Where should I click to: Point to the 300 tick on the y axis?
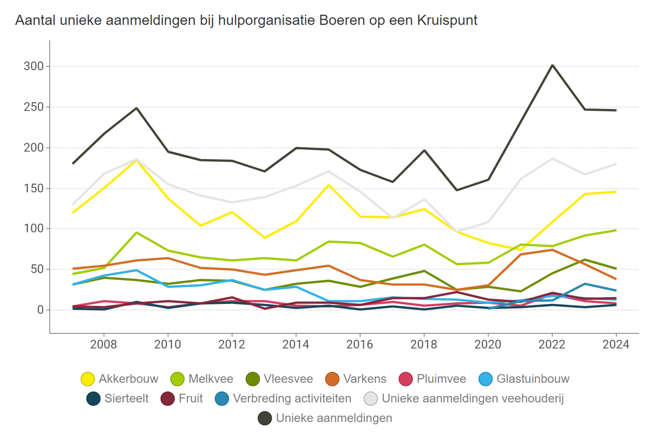point(34,66)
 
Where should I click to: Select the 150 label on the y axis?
point(34,188)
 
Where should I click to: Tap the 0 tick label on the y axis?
point(40,310)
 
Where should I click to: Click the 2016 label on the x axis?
point(359,344)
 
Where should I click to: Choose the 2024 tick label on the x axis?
point(616,344)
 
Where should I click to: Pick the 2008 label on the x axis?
point(104,344)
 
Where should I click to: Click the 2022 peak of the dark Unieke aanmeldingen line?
point(552,65)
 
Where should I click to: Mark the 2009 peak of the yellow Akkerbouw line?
point(137,160)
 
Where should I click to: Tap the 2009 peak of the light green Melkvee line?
point(137,232)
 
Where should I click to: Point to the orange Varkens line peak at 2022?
point(552,250)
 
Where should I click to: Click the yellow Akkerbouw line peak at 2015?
point(329,185)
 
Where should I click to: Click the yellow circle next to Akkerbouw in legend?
point(88,379)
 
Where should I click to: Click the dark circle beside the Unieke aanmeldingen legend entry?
point(265,418)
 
